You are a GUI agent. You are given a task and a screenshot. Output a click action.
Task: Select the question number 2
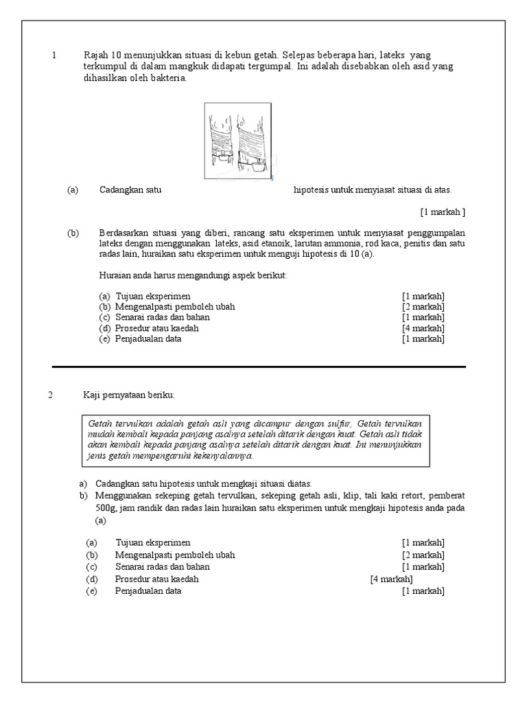tap(51, 395)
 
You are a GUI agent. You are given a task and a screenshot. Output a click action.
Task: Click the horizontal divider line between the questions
tap(259, 367)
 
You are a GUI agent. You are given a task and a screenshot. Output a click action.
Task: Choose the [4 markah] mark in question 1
tap(423, 328)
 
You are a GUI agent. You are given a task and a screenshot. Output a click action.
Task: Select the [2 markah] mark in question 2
tap(423, 555)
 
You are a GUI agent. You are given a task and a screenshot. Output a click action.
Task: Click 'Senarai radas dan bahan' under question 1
tap(163, 317)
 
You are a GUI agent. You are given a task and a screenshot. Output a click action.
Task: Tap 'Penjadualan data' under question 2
tap(148, 590)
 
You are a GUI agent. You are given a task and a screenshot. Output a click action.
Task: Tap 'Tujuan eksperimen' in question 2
tap(153, 543)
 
